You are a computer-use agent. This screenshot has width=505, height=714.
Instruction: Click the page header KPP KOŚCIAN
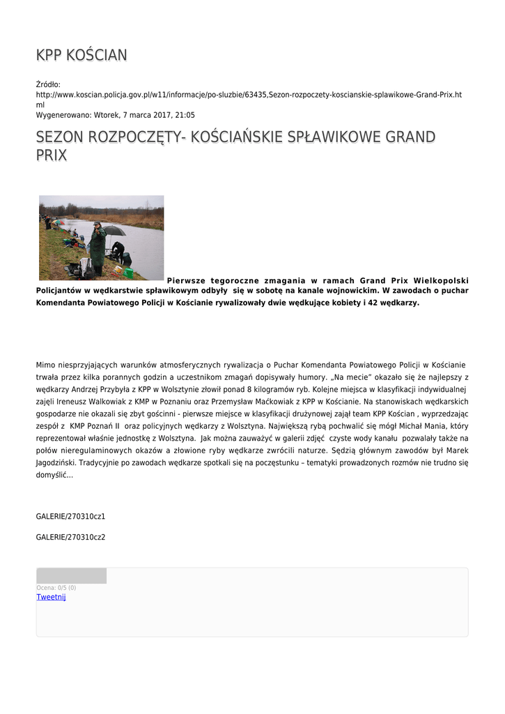pos(81,55)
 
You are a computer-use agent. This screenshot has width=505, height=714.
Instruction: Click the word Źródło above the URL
pos(48,84)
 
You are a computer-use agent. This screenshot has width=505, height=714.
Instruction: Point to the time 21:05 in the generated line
pos(185,115)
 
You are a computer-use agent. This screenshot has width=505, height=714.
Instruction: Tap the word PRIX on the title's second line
pos(52,155)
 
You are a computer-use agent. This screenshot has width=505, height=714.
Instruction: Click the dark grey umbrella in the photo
pos(114,230)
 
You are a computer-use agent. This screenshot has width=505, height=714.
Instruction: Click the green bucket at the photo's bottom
pos(128,273)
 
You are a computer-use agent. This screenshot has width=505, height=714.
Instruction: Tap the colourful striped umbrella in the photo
pos(58,222)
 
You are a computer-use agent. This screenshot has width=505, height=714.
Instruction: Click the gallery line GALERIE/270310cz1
pos(70,517)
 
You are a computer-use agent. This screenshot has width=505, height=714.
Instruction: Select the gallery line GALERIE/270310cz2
pos(70,537)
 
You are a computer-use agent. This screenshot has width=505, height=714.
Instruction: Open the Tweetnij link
pos(51,597)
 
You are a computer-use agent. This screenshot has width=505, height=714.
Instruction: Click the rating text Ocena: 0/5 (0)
pos(56,588)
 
